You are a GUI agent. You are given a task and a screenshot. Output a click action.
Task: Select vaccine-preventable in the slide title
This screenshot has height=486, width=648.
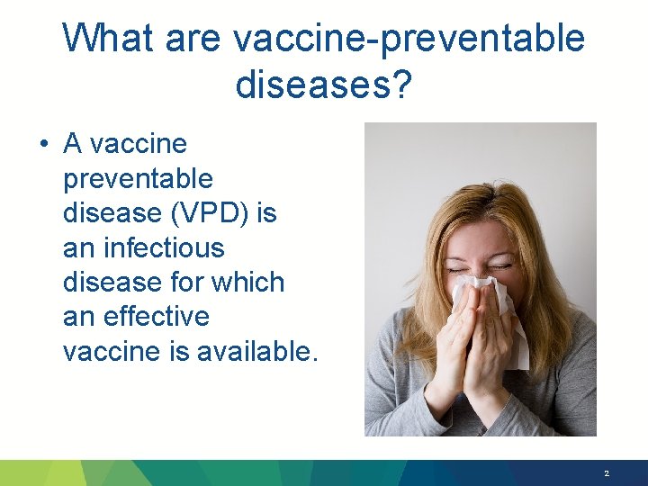408,39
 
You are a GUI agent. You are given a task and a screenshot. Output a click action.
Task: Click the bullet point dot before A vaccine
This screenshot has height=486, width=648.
43,145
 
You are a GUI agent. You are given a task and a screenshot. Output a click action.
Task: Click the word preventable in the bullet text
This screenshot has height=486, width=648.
138,179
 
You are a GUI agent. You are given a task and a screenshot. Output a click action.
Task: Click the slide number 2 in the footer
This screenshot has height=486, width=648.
607,473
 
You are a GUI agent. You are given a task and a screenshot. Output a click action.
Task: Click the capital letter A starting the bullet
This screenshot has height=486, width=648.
73,144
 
